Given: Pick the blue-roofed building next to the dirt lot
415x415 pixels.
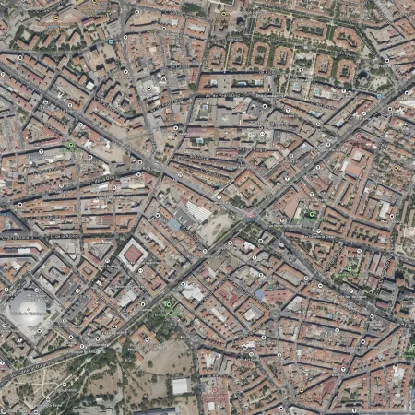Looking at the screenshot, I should pyautogui.click(x=174, y=225).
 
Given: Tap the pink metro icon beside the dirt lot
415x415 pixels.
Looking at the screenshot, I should pyautogui.click(x=250, y=215).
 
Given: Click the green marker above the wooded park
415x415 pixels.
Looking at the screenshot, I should pyautogui.click(x=168, y=304).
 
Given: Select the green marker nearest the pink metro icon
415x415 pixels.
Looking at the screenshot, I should pyautogui.click(x=312, y=215).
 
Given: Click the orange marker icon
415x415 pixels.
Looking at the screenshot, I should pyautogui.click(x=56, y=18).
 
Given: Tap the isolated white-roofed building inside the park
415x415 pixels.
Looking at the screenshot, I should pyautogui.click(x=180, y=385).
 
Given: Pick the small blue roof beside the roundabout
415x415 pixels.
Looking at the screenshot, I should pyautogui.click(x=260, y=296).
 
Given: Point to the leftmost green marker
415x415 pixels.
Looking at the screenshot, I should pyautogui.click(x=71, y=146).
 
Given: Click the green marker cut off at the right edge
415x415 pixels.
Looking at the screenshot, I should pyautogui.click(x=410, y=350).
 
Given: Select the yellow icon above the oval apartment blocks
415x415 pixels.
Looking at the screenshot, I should pyautogui.click(x=223, y=13).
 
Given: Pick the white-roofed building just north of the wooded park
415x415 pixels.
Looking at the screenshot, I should pyautogui.click(x=192, y=293).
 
